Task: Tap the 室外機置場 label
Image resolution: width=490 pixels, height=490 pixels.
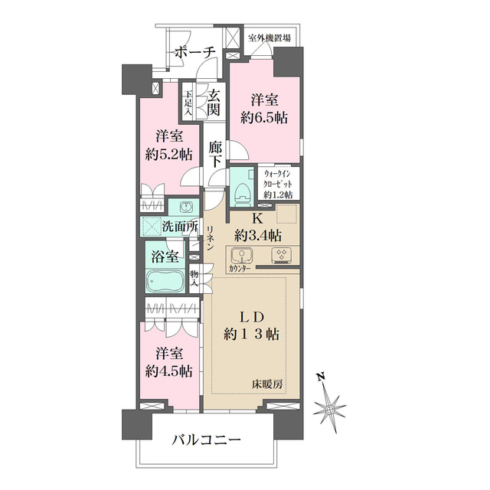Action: (269, 38)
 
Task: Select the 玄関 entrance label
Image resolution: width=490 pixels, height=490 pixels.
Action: (214, 103)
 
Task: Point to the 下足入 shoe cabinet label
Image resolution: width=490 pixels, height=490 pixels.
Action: (188, 103)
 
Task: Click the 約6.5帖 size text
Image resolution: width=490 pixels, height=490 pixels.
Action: (264, 118)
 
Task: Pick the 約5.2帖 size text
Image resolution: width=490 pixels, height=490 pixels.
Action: (168, 155)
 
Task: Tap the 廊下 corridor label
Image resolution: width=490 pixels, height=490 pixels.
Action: (215, 154)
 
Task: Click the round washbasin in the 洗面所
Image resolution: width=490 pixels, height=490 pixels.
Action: (186, 207)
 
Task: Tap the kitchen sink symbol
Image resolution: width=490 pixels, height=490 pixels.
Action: (242, 255)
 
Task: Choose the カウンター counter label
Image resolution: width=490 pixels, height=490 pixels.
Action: (240, 268)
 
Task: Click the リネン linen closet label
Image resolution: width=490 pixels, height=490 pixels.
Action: (210, 238)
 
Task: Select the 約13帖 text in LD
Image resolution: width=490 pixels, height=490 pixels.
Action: (252, 335)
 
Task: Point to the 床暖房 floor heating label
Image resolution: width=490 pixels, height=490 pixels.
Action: (267, 384)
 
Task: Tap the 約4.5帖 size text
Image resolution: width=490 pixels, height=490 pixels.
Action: (168, 371)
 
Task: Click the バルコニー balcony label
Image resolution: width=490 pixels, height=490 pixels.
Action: (207, 440)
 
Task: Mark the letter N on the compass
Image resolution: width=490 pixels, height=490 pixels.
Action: (320, 377)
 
